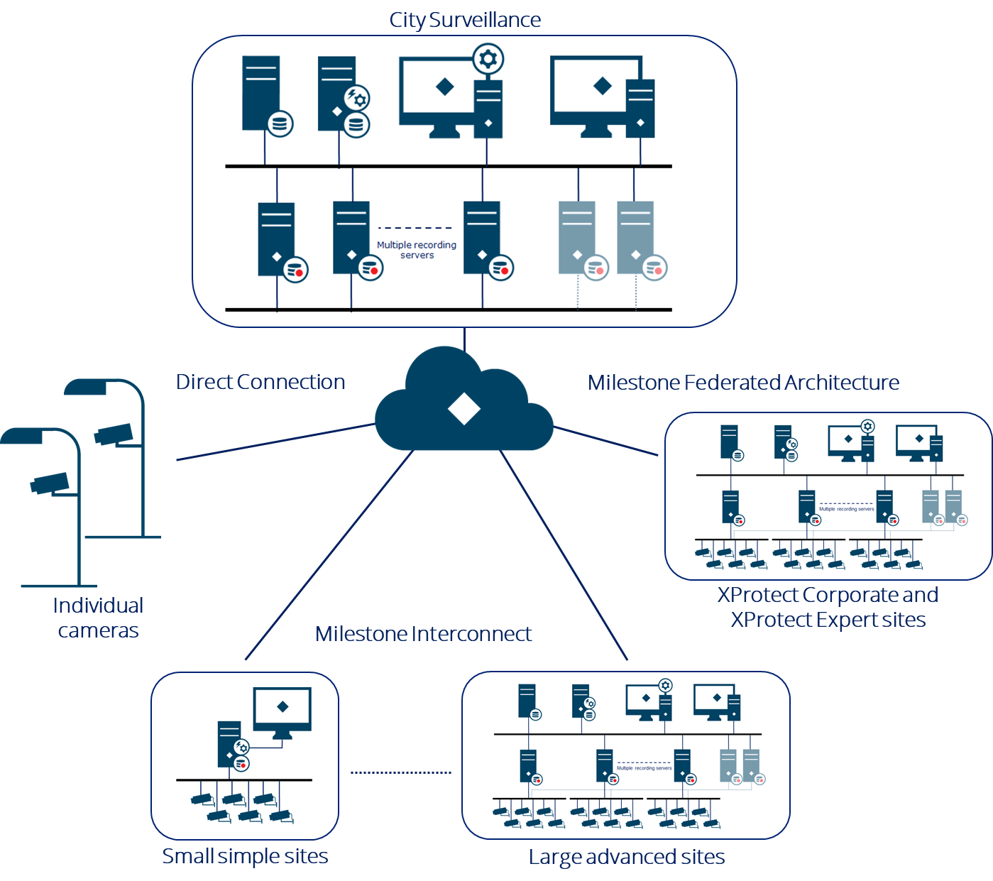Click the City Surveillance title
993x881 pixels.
pyautogui.click(x=465, y=20)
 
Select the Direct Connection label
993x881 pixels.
pyautogui.click(x=260, y=382)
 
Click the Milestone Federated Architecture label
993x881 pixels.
pyautogui.click(x=742, y=383)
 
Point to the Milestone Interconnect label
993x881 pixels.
pyautogui.click(x=423, y=634)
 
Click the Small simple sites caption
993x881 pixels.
pyautogui.click(x=245, y=856)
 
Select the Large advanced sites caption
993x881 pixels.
pyautogui.click(x=626, y=857)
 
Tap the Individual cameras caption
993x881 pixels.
pyautogui.click(x=98, y=618)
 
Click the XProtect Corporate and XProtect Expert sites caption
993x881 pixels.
pyautogui.click(x=828, y=607)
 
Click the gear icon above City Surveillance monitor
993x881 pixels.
pyautogui.click(x=488, y=59)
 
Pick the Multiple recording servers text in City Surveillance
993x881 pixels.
pyautogui.click(x=417, y=250)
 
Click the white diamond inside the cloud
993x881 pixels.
pyautogui.click(x=464, y=410)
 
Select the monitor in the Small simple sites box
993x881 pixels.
pyautogui.click(x=282, y=710)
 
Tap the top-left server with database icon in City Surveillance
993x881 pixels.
pyautogui.click(x=263, y=94)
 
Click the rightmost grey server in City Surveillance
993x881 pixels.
pyautogui.click(x=636, y=239)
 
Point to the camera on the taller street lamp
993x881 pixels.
pyautogui.click(x=114, y=434)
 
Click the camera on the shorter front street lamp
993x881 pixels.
pyautogui.click(x=50, y=483)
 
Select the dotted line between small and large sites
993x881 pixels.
pyautogui.click(x=401, y=772)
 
